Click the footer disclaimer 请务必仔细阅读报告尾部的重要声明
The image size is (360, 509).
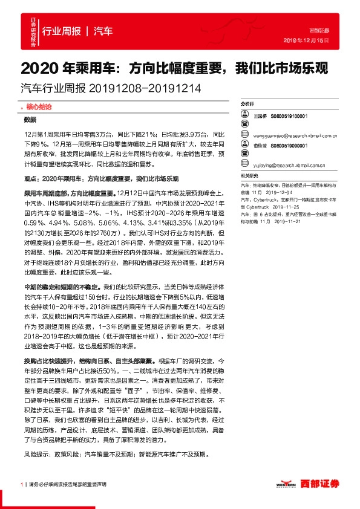pyautogui.click(x=67, y=484)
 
